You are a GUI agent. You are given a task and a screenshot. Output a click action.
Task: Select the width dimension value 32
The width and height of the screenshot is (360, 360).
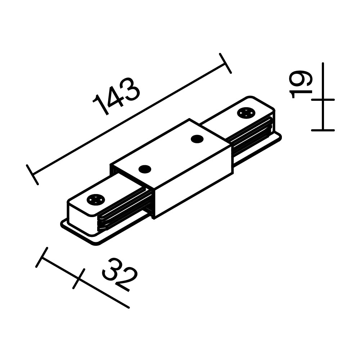(120, 274)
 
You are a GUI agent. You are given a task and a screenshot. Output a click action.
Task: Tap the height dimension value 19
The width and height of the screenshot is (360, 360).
(301, 85)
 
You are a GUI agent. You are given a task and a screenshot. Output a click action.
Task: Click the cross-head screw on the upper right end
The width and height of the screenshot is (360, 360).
(246, 113)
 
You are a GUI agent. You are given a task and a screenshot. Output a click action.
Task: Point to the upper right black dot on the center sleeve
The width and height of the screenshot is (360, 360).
(197, 139)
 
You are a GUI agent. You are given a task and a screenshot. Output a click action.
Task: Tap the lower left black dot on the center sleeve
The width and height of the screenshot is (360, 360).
(145, 168)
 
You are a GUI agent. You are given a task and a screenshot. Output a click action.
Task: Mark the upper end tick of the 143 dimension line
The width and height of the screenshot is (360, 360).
(225, 63)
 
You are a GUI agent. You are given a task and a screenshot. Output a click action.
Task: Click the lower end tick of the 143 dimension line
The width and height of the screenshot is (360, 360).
(32, 175)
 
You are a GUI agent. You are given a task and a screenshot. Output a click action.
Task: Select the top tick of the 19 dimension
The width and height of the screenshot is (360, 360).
(323, 99)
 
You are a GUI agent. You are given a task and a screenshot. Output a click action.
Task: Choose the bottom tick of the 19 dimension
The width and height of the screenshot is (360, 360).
(323, 130)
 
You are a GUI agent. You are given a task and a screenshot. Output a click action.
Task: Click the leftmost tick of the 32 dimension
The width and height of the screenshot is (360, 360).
(42, 257)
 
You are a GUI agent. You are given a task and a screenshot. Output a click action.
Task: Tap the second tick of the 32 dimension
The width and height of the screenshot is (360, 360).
(78, 279)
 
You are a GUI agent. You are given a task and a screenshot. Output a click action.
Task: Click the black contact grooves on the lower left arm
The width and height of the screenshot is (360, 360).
(124, 211)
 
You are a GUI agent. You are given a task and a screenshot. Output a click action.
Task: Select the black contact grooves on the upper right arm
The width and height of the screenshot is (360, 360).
(252, 135)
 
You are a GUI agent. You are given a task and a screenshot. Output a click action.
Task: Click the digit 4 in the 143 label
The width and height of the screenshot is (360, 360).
(116, 96)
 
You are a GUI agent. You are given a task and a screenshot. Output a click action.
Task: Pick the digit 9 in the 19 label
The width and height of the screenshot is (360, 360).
(302, 78)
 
